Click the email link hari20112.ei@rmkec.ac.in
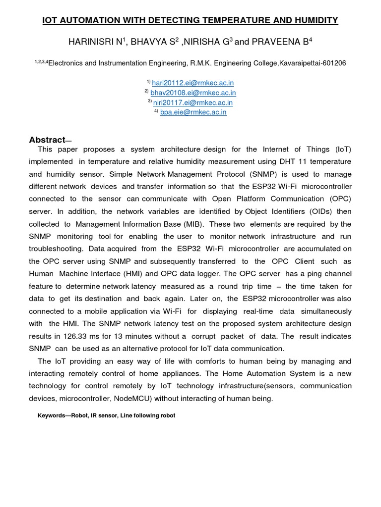click(193, 83)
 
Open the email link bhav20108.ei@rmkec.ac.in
click(193, 93)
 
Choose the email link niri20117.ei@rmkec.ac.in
click(193, 102)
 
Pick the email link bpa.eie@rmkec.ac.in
click(193, 112)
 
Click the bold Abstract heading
click(47, 140)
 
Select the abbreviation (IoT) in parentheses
click(342, 149)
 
